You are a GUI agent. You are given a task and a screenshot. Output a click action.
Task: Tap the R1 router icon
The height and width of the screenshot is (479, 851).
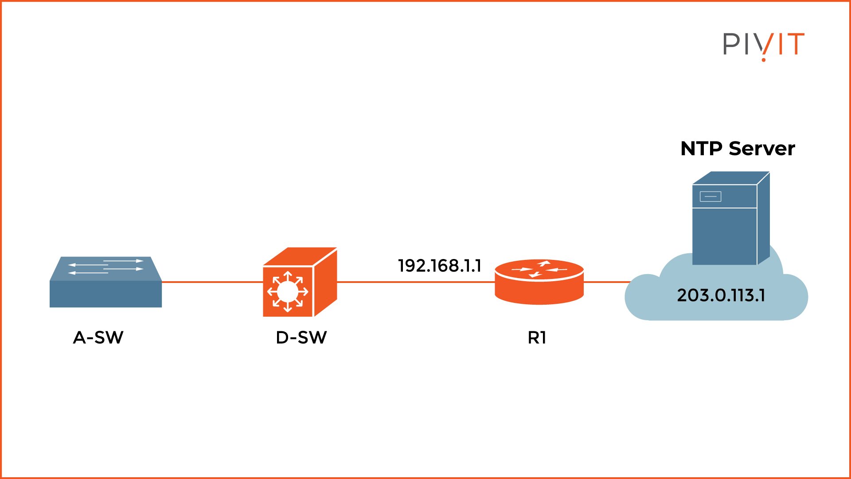click(x=539, y=283)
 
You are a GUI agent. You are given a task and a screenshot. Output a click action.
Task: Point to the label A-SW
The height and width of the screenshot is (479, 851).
click(x=98, y=338)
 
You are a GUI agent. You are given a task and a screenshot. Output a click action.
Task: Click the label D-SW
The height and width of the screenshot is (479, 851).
click(x=301, y=338)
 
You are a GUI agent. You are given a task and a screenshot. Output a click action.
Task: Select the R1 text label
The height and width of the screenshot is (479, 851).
click(x=537, y=338)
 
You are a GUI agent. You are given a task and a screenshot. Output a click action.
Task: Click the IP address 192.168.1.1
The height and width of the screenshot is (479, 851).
click(x=439, y=266)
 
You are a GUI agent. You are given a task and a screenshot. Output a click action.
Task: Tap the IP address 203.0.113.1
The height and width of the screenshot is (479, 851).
click(x=721, y=295)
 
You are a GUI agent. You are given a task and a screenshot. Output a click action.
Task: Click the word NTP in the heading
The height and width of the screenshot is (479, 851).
click(x=701, y=149)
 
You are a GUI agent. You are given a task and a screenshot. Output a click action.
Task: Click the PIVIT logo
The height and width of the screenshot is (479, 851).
click(x=763, y=45)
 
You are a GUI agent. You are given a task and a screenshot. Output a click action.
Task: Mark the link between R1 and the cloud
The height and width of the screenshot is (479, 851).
click(x=606, y=282)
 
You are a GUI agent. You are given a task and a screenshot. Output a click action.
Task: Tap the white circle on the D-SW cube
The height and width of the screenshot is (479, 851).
click(x=287, y=291)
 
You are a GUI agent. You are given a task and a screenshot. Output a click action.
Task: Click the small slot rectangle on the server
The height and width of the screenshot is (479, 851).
click(x=710, y=196)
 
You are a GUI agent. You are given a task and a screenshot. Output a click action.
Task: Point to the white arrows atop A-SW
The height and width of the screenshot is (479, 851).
click(x=106, y=266)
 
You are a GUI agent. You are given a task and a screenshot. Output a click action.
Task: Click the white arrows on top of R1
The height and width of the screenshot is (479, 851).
click(x=539, y=269)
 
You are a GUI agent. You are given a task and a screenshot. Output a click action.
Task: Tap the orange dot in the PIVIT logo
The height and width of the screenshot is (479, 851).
click(x=763, y=59)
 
